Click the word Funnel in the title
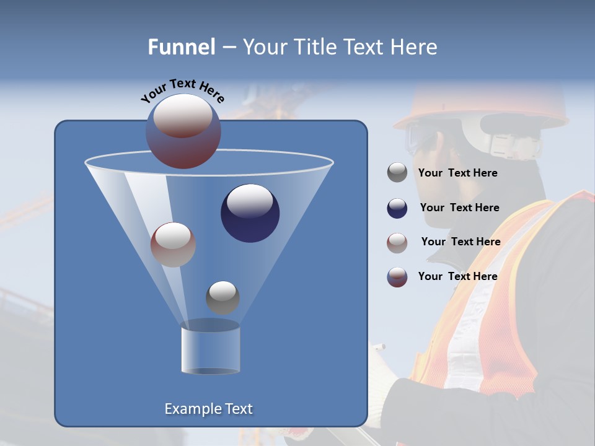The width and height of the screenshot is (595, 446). click(x=182, y=47)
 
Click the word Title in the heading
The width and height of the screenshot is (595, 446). click(x=313, y=47)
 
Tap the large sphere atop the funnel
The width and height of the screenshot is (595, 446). click(x=183, y=131)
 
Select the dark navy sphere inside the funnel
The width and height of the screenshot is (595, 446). click(x=250, y=213)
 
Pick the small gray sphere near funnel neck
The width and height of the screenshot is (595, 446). click(x=223, y=297)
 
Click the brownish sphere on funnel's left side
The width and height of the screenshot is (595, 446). click(x=173, y=245)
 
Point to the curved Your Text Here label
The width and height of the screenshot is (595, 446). click(x=182, y=90)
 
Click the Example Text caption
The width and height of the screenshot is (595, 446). click(x=209, y=409)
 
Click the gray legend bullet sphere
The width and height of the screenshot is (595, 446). click(x=397, y=173)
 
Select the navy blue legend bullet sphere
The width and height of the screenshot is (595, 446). click(x=397, y=208)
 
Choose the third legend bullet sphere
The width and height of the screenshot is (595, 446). click(x=397, y=242)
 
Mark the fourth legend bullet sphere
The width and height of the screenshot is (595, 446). click(x=397, y=277)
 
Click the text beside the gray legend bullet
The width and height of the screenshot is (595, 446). click(x=457, y=173)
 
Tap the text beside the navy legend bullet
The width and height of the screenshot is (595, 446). click(x=459, y=208)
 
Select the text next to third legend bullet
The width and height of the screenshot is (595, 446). click(x=461, y=242)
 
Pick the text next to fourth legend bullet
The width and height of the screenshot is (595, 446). click(x=457, y=276)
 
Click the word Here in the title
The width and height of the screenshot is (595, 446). click(x=415, y=47)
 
